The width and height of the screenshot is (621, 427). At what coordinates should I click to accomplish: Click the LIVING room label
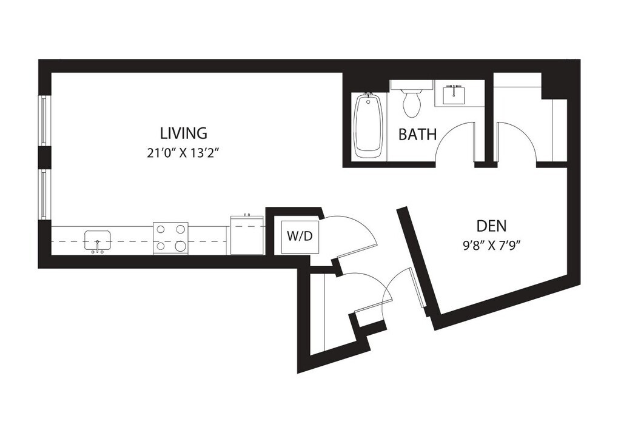(183, 132)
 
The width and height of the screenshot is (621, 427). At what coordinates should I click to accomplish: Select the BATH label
(417, 134)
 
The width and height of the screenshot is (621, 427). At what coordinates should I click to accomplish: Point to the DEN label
(491, 226)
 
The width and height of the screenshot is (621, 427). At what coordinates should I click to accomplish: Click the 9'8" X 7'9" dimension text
(491, 246)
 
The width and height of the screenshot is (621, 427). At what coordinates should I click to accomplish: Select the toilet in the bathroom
(412, 102)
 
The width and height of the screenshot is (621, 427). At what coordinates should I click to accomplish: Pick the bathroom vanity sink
(453, 94)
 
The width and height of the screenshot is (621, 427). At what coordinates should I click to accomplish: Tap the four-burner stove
(170, 237)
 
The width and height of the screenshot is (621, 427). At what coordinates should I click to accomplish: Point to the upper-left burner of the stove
(162, 229)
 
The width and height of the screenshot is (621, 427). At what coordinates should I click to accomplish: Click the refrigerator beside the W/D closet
(247, 235)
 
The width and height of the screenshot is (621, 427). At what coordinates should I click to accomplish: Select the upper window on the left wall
(44, 120)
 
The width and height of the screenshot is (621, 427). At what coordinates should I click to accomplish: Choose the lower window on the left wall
(44, 193)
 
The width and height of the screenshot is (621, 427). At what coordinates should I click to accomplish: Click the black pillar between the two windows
(44, 157)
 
